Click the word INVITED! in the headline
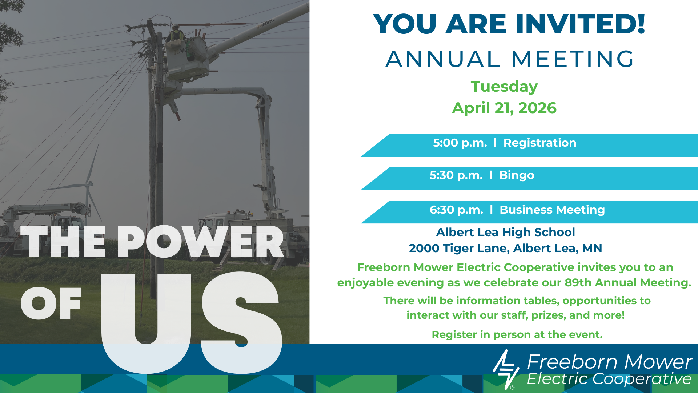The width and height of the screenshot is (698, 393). tap(580, 24)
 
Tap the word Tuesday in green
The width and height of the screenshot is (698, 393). tap(504, 87)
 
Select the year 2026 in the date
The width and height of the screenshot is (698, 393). tap(537, 108)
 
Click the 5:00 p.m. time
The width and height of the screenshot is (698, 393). tap(460, 143)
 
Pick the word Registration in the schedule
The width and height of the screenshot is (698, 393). tap(540, 143)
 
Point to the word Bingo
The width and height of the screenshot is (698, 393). tap(517, 175)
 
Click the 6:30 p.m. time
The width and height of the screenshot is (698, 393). tap(456, 210)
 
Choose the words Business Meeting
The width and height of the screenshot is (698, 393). tap(552, 210)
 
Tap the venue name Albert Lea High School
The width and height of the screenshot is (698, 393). tap(505, 232)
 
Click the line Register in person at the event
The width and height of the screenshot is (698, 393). tap(517, 335)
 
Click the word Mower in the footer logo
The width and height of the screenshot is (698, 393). tap(658, 362)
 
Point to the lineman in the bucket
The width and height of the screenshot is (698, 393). tap(176, 33)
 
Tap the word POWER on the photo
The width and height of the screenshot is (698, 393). tap(200, 242)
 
